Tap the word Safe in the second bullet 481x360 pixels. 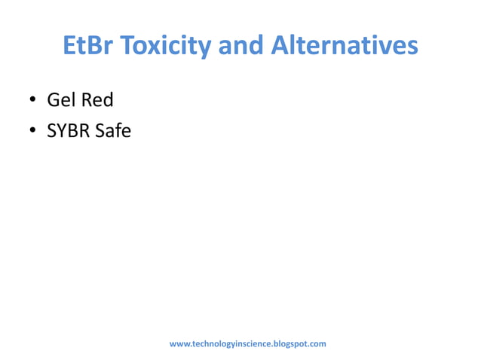point(113,131)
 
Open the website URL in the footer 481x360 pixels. point(247,344)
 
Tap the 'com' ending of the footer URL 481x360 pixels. point(318,344)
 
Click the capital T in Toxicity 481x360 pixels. point(127,46)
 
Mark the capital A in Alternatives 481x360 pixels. point(279,46)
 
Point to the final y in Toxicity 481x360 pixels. point(205,48)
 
